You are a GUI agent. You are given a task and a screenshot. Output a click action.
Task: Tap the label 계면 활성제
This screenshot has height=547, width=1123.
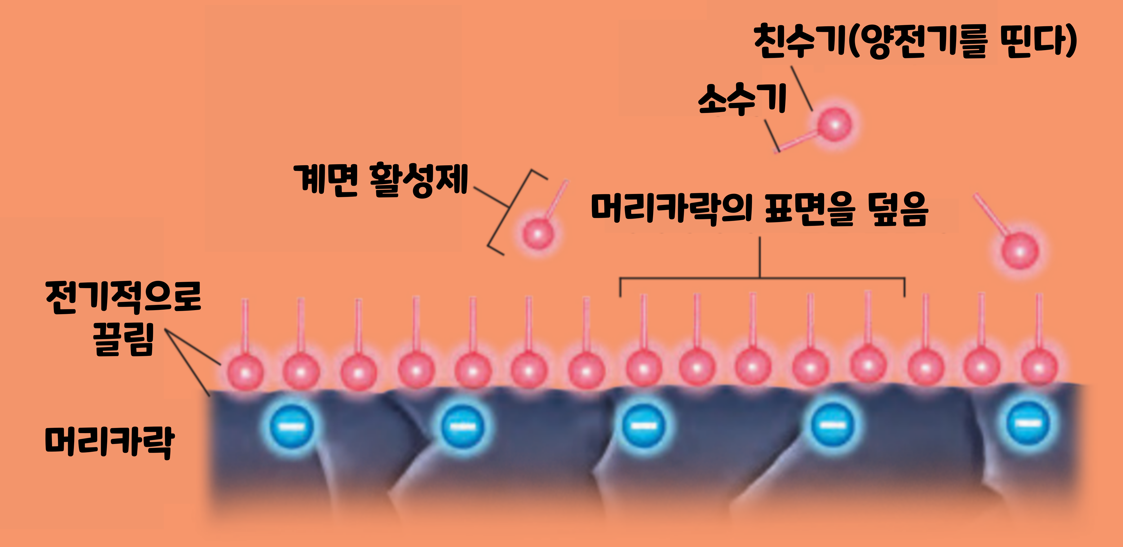point(380,180)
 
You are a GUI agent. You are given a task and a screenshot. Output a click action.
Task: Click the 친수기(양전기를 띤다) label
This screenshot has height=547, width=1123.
point(915,41)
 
